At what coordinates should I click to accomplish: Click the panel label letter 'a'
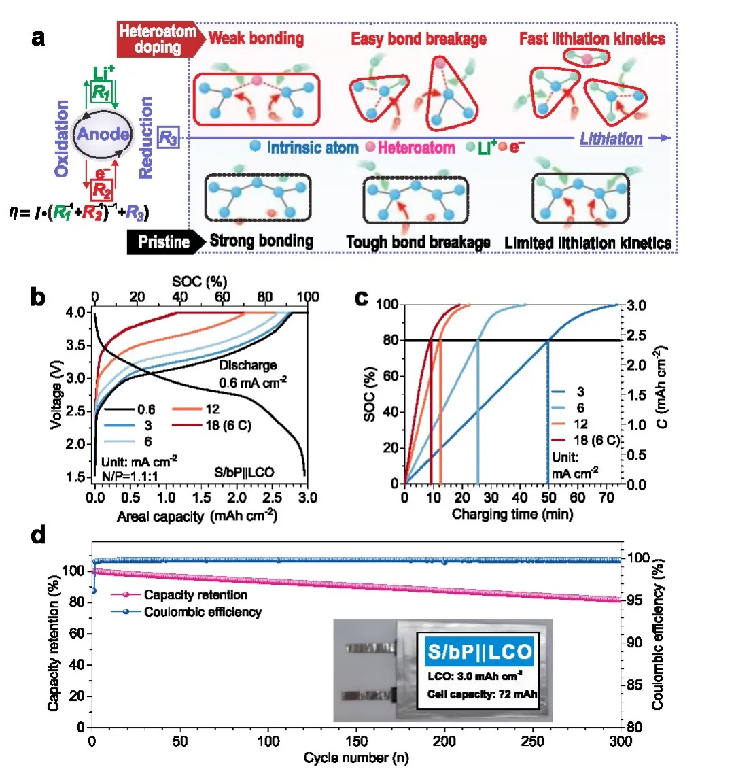[x=39, y=37]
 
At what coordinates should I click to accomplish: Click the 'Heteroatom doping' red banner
[x=158, y=39]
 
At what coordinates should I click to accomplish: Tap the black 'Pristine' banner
[x=164, y=242]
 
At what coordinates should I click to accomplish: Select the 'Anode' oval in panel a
[x=103, y=134]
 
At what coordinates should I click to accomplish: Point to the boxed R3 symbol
[x=168, y=138]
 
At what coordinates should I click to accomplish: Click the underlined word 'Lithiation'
[x=610, y=139]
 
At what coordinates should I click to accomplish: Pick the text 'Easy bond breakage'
[x=419, y=39]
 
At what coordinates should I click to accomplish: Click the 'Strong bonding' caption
[x=261, y=241]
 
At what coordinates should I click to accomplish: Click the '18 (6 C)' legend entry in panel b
[x=228, y=426]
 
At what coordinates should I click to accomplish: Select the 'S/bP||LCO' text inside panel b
[x=244, y=472]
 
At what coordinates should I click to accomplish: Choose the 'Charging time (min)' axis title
[x=512, y=514]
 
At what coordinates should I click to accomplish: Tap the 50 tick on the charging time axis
[x=548, y=498]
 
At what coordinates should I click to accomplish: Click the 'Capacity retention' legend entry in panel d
[x=195, y=595]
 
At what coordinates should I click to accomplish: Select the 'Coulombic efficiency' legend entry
[x=203, y=612]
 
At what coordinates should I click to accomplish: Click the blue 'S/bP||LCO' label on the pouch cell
[x=479, y=652]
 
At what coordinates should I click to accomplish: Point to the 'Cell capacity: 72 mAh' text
[x=482, y=694]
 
